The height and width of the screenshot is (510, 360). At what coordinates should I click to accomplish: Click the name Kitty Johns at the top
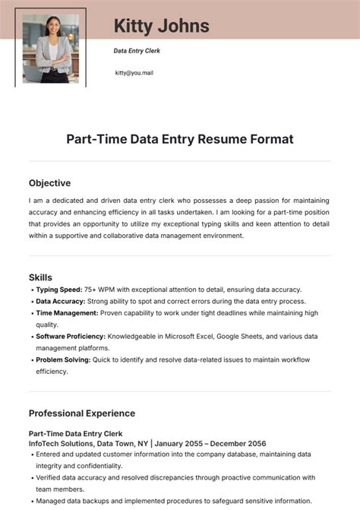click(x=161, y=27)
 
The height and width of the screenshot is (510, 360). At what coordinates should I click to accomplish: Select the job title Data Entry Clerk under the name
click(x=137, y=51)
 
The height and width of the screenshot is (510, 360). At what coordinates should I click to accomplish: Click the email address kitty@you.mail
click(x=134, y=73)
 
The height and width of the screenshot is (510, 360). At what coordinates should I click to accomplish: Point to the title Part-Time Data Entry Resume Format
click(x=179, y=139)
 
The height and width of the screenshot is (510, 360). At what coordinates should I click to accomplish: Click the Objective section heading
click(x=49, y=183)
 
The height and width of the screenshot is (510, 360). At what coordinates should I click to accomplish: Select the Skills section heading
click(x=40, y=277)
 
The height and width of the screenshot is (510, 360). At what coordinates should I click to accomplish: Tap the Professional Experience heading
click(x=82, y=413)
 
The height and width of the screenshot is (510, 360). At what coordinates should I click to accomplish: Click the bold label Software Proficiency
click(x=71, y=336)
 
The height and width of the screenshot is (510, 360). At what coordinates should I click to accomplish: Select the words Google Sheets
click(x=243, y=336)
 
